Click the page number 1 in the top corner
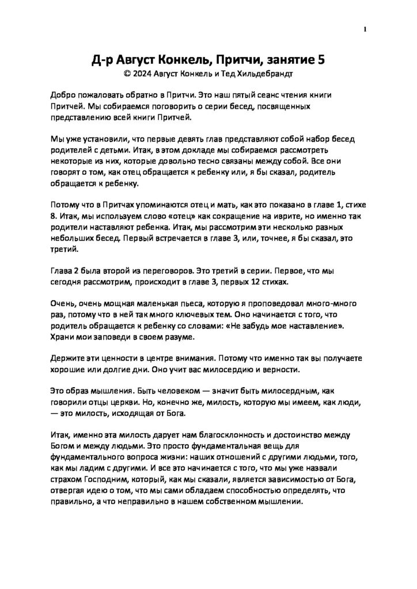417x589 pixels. tap(366, 30)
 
